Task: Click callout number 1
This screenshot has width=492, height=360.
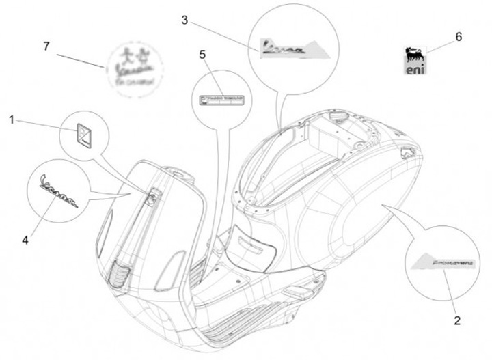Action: [x=12, y=120]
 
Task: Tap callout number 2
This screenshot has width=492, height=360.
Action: [x=457, y=319]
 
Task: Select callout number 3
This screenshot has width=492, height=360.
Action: [x=184, y=20]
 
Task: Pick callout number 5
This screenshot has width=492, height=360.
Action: [x=203, y=55]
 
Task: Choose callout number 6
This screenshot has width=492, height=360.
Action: [x=458, y=37]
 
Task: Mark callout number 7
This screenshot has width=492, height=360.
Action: [x=46, y=46]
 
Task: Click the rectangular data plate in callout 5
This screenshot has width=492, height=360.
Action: [x=221, y=100]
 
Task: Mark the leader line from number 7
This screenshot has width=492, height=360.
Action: [x=81, y=60]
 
